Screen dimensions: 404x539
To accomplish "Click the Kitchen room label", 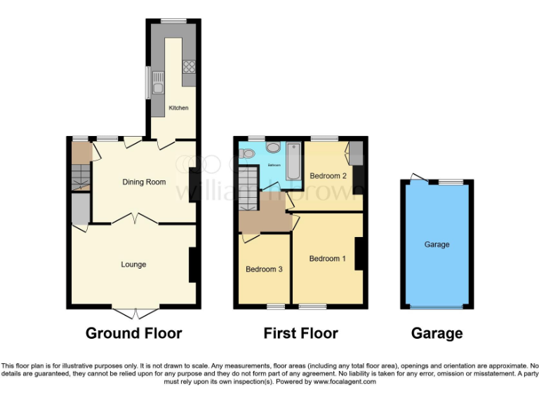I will (x=179, y=108).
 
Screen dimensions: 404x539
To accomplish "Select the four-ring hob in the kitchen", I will (x=188, y=67).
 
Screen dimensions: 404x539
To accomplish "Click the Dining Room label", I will (x=144, y=182).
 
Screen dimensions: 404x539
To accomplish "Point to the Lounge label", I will (x=133, y=264).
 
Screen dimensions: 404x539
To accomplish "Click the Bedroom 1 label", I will (x=327, y=259).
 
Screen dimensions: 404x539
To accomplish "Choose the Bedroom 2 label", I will (x=328, y=176).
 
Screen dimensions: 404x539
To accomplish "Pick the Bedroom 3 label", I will (x=264, y=269).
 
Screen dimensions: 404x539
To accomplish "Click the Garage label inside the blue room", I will (x=437, y=245).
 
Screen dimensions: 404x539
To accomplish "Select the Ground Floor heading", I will (x=133, y=333).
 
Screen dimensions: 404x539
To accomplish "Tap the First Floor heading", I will (x=300, y=333).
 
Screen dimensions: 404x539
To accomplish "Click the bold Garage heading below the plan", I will (x=437, y=333).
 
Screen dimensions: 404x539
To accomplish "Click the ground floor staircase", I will (x=81, y=175).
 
